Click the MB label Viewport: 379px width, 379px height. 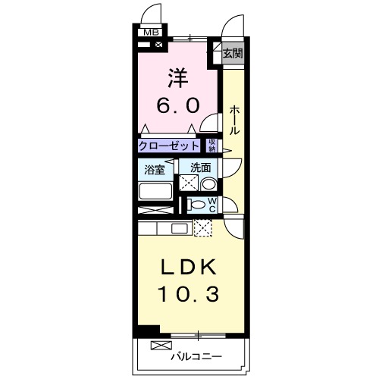pyautogui.click(x=152, y=32)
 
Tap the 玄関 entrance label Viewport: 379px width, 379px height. pyautogui.click(x=233, y=54)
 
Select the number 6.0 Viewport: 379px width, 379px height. pyautogui.click(x=179, y=105)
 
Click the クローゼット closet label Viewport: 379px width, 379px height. pyautogui.click(x=169, y=146)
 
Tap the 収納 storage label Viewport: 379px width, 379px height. pyautogui.click(x=212, y=145)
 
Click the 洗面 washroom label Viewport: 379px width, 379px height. pyautogui.click(x=200, y=168)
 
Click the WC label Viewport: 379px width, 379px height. pyautogui.click(x=213, y=205)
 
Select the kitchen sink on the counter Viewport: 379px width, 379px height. pyautogui.click(x=179, y=228)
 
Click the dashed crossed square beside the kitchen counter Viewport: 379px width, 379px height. pyautogui.click(x=203, y=227)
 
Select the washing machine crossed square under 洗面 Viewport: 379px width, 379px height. pyautogui.click(x=187, y=183)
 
